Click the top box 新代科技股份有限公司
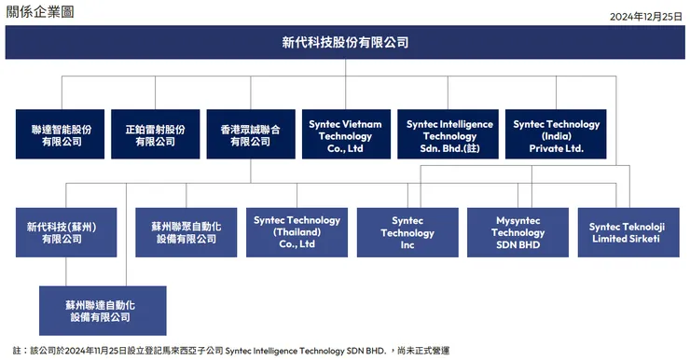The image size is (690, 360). (345, 42)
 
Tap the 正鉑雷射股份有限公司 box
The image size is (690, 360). (155, 134)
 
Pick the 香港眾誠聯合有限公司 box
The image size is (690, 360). (250, 134)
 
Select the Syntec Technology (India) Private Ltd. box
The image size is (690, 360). (556, 134)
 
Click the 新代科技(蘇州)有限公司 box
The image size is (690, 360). (62, 232)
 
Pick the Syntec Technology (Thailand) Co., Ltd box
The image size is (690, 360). (296, 232)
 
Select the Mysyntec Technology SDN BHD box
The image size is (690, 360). (517, 232)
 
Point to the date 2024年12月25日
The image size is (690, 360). (645, 16)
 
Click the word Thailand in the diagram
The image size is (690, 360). (297, 231)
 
